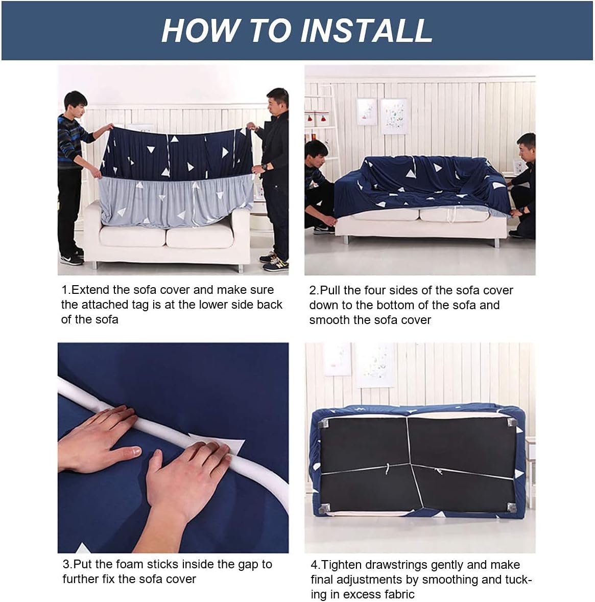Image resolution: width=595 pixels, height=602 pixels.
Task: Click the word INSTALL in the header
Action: pyautogui.click(x=367, y=30)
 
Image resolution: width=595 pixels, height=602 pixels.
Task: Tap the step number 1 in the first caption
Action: pyautogui.click(x=64, y=290)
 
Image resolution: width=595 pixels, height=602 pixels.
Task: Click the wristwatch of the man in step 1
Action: pyautogui.click(x=265, y=168)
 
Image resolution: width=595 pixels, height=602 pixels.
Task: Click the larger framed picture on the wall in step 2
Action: pyautogui.click(x=394, y=117)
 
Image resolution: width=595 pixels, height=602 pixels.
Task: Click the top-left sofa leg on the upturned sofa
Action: pyautogui.click(x=325, y=424)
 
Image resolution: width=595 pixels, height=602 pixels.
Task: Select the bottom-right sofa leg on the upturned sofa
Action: pyautogui.click(x=512, y=507)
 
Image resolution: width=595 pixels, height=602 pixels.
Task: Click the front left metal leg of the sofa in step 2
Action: pyautogui.click(x=346, y=240)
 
